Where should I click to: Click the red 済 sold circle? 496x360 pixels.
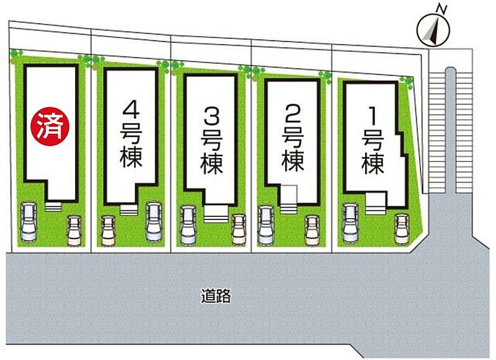tap(50, 126)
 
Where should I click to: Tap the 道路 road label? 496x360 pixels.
tap(216, 296)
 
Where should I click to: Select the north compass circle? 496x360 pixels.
tap(433, 32)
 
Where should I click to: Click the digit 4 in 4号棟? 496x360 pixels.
tap(131, 110)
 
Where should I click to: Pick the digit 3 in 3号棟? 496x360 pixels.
tap(211, 117)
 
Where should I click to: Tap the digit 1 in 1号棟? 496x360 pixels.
tap(373, 116)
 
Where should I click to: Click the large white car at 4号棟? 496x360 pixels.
tap(154, 222)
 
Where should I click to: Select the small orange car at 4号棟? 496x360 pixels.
tap(108, 231)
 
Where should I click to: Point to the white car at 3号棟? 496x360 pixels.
tap(188, 225)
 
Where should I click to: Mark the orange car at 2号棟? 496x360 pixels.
tap(312, 230)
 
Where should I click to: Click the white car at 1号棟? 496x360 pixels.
tap(350, 223)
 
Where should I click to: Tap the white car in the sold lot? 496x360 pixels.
tap(29, 222)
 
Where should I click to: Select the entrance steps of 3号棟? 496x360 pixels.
tap(216, 214)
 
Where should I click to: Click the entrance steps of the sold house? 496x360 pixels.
tap(53, 207)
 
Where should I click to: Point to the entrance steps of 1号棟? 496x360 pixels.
tap(376, 204)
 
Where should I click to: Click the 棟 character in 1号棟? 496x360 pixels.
tap(373, 164)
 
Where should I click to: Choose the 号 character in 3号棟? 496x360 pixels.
tap(211, 141)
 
